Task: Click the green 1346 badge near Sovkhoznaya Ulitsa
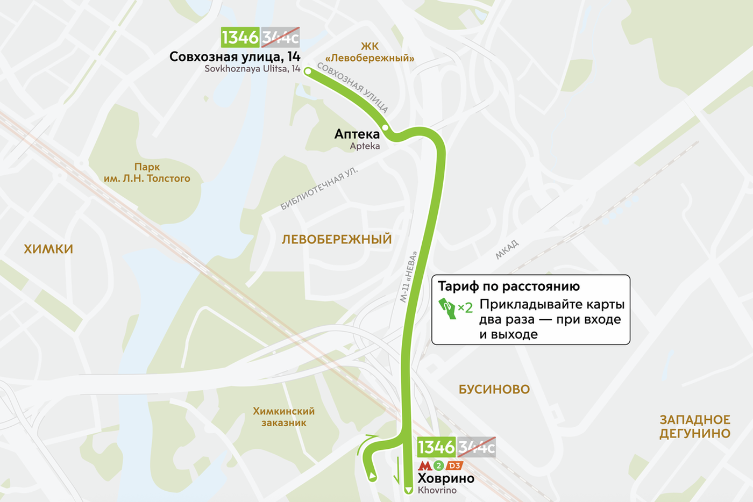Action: [x=240, y=38]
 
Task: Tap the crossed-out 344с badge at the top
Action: [x=280, y=38]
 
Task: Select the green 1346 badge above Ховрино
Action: [x=436, y=447]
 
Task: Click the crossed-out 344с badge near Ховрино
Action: [x=476, y=447]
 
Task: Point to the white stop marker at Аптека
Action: [x=386, y=127]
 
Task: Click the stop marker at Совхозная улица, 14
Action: [x=308, y=71]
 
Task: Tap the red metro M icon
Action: [x=425, y=465]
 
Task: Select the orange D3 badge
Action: [x=454, y=465]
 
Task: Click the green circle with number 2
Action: [x=439, y=465]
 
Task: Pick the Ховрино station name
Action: [x=446, y=478]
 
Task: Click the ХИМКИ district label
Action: [x=48, y=249]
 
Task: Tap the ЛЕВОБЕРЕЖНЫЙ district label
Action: [x=337, y=239]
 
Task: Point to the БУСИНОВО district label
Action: [x=494, y=389]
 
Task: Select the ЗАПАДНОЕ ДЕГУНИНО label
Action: [x=695, y=426]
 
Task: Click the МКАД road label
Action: [x=507, y=250]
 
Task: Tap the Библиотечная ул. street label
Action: [x=319, y=189]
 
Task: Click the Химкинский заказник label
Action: [x=284, y=417]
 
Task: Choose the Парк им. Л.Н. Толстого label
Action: [x=147, y=173]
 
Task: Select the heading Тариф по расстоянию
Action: [x=508, y=286]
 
